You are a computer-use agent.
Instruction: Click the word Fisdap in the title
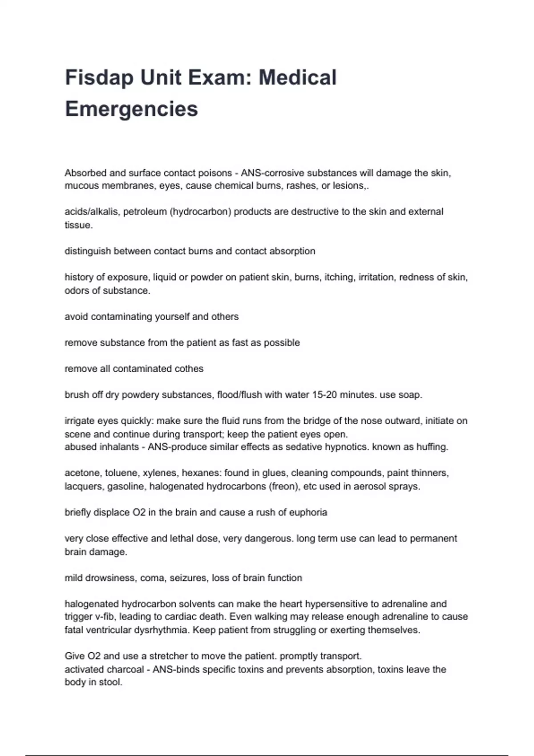tap(99, 77)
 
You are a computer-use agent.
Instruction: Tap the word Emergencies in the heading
tap(131, 109)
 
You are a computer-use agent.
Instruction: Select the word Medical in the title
tap(297, 77)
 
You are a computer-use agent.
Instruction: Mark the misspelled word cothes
tap(188, 369)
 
